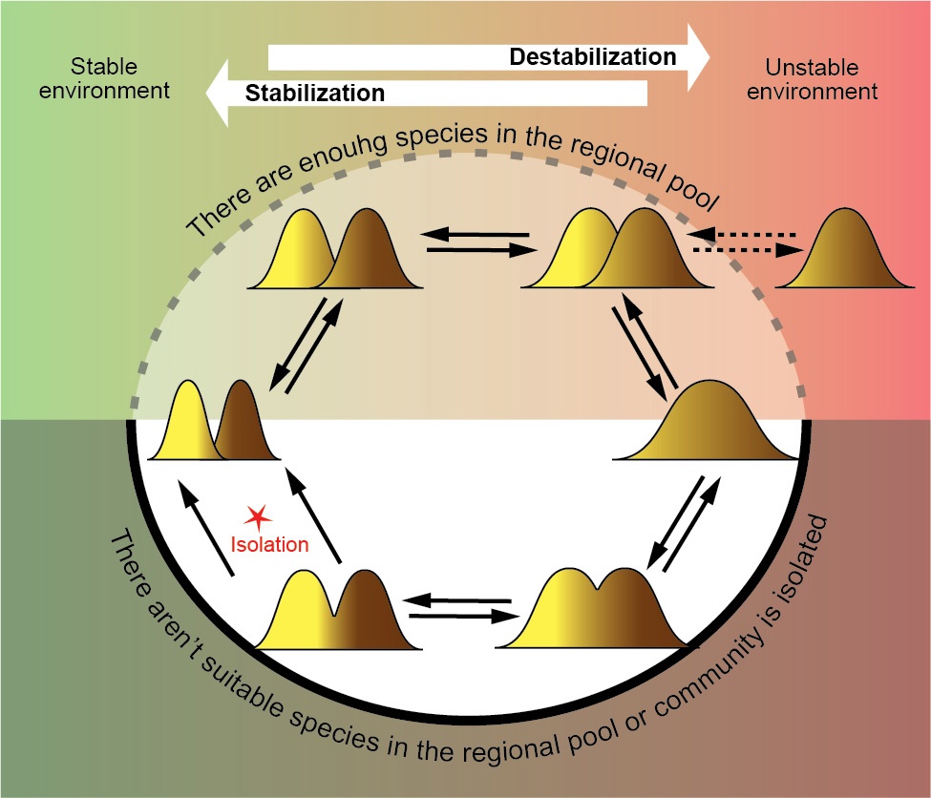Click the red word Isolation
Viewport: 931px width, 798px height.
[x=270, y=545]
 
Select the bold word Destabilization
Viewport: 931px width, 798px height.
[x=592, y=57]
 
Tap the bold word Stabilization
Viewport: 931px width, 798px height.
[x=315, y=94]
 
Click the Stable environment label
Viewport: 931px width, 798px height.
[x=106, y=79]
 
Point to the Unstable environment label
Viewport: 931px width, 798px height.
[x=821, y=79]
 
